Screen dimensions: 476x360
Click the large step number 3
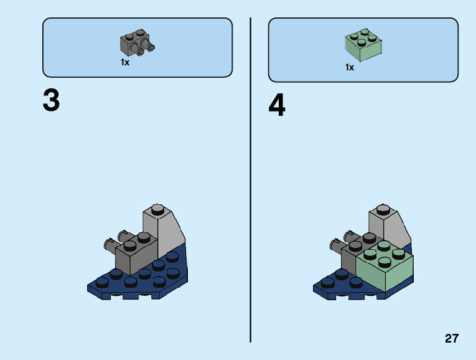click(x=51, y=101)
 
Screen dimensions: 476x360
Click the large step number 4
click(x=277, y=106)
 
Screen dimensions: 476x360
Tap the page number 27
click(x=452, y=339)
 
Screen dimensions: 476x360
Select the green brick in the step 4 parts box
click(x=363, y=45)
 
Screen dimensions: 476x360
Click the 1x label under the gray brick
click(x=125, y=63)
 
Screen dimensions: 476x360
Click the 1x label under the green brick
click(x=350, y=67)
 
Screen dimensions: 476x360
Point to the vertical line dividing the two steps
click(x=250, y=181)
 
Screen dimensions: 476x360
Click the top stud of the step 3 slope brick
click(x=157, y=209)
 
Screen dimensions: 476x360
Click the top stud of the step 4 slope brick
click(x=383, y=209)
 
